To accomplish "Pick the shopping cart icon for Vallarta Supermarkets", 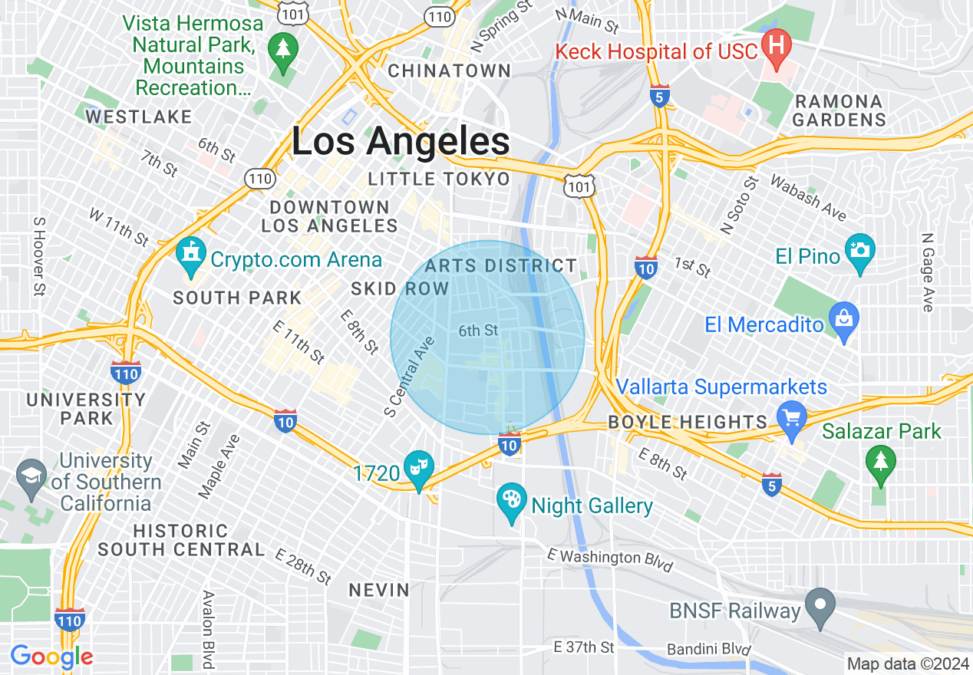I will [x=791, y=419].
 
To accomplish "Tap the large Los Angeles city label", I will [x=401, y=143].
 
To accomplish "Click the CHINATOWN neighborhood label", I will [x=450, y=71].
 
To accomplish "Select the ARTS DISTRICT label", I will [x=500, y=266].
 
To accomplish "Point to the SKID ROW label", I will [x=400, y=288].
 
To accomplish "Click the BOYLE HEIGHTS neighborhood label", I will [x=687, y=422].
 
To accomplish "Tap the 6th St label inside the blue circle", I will [x=479, y=331].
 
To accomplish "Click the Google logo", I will [x=51, y=657].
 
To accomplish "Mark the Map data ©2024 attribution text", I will [x=906, y=663].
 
